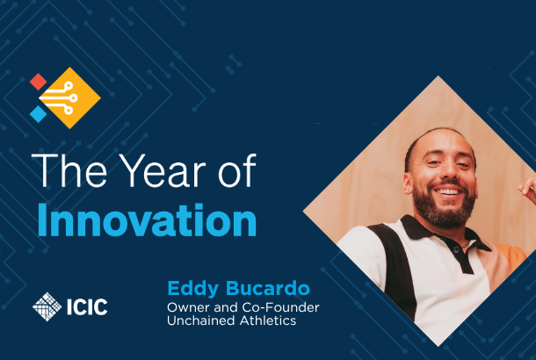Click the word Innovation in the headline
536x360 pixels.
pyautogui.click(x=147, y=220)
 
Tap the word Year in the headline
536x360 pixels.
pyautogui.click(x=163, y=170)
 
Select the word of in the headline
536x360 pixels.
pyautogui.click(x=237, y=170)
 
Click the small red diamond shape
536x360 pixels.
pyautogui.click(x=38, y=82)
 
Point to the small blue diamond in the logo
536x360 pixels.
pyautogui.click(x=38, y=114)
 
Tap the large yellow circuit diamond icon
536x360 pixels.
pyautogui.click(x=69, y=98)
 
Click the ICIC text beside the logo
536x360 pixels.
pyautogui.click(x=87, y=306)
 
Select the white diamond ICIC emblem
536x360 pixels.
pyautogui.click(x=47, y=306)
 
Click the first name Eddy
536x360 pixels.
pyautogui.click(x=192, y=289)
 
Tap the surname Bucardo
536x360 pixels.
pyautogui.click(x=268, y=289)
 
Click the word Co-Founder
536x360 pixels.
pyautogui.click(x=280, y=307)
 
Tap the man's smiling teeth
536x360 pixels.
pyautogui.click(x=448, y=191)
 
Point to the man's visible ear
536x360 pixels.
pyautogui.click(x=408, y=184)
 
